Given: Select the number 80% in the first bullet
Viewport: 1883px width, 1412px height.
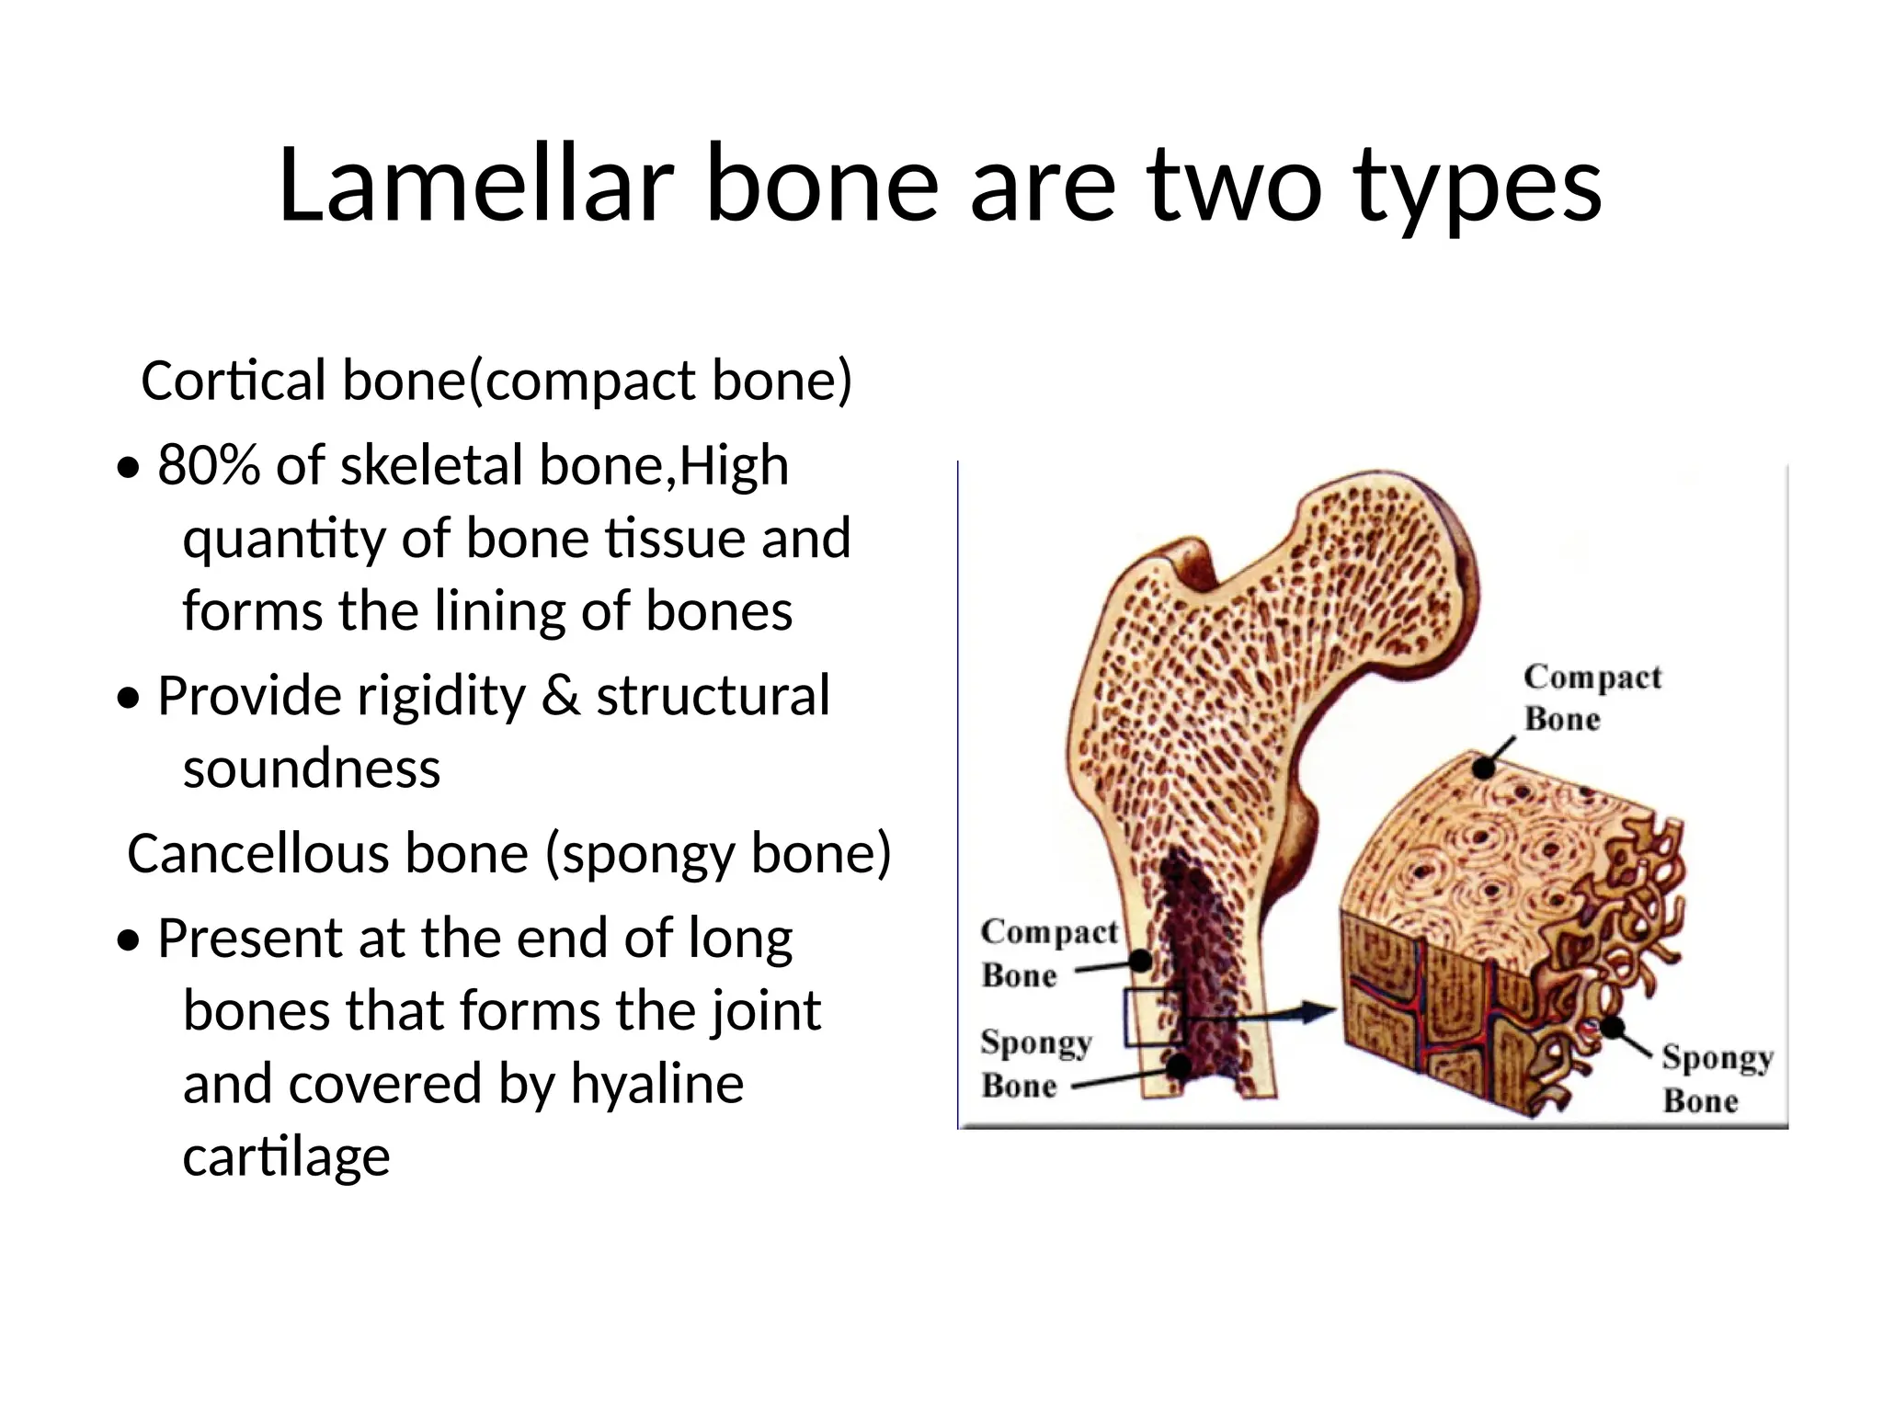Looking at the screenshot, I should pos(209,465).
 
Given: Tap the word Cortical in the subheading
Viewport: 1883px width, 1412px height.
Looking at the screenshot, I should pos(234,381).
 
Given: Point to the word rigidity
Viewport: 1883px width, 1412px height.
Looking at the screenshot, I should pos(440,696).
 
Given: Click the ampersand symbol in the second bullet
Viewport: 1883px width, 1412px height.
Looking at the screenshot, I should pos(561,696).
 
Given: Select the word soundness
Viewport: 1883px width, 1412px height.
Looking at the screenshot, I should pos(312,769).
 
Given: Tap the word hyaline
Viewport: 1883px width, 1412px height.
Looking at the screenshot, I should pos(656,1084).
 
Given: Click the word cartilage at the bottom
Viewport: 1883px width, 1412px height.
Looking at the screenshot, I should pos(286,1156).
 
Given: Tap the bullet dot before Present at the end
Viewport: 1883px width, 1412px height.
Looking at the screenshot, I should pos(131,941).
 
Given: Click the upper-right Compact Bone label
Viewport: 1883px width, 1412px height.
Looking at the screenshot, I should pos(1591,698).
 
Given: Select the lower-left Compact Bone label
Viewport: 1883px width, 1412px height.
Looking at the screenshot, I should pos(1048,952).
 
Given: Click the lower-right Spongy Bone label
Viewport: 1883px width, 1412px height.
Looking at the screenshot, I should pos(1716,1078).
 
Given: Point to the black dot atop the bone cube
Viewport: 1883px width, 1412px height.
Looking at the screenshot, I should pos(1484,767).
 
